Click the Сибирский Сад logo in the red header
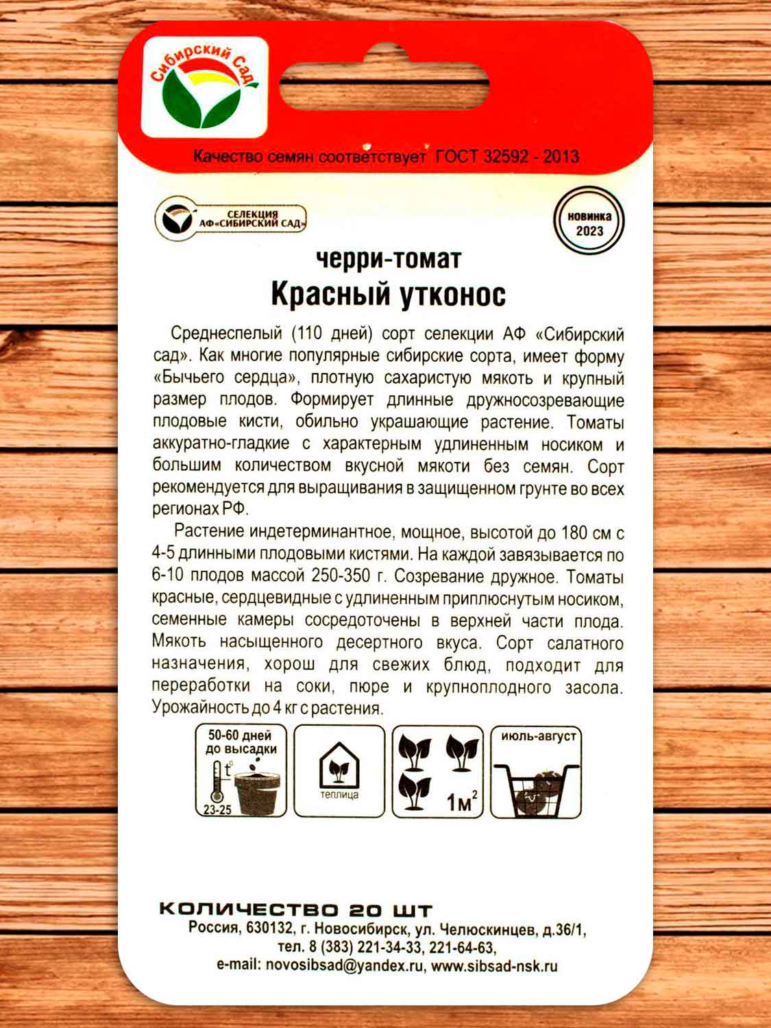tap(204, 87)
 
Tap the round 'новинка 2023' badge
tap(589, 223)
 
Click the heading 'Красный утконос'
tap(388, 294)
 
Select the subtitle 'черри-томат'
tap(389, 258)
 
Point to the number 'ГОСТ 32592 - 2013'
tap(507, 156)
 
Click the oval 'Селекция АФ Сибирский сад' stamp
tap(230, 219)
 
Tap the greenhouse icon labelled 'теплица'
tap(339, 771)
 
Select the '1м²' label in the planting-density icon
tap(461, 800)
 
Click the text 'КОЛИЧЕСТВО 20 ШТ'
tap(295, 909)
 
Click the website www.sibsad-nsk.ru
tap(494, 966)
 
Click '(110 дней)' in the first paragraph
tap(332, 334)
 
